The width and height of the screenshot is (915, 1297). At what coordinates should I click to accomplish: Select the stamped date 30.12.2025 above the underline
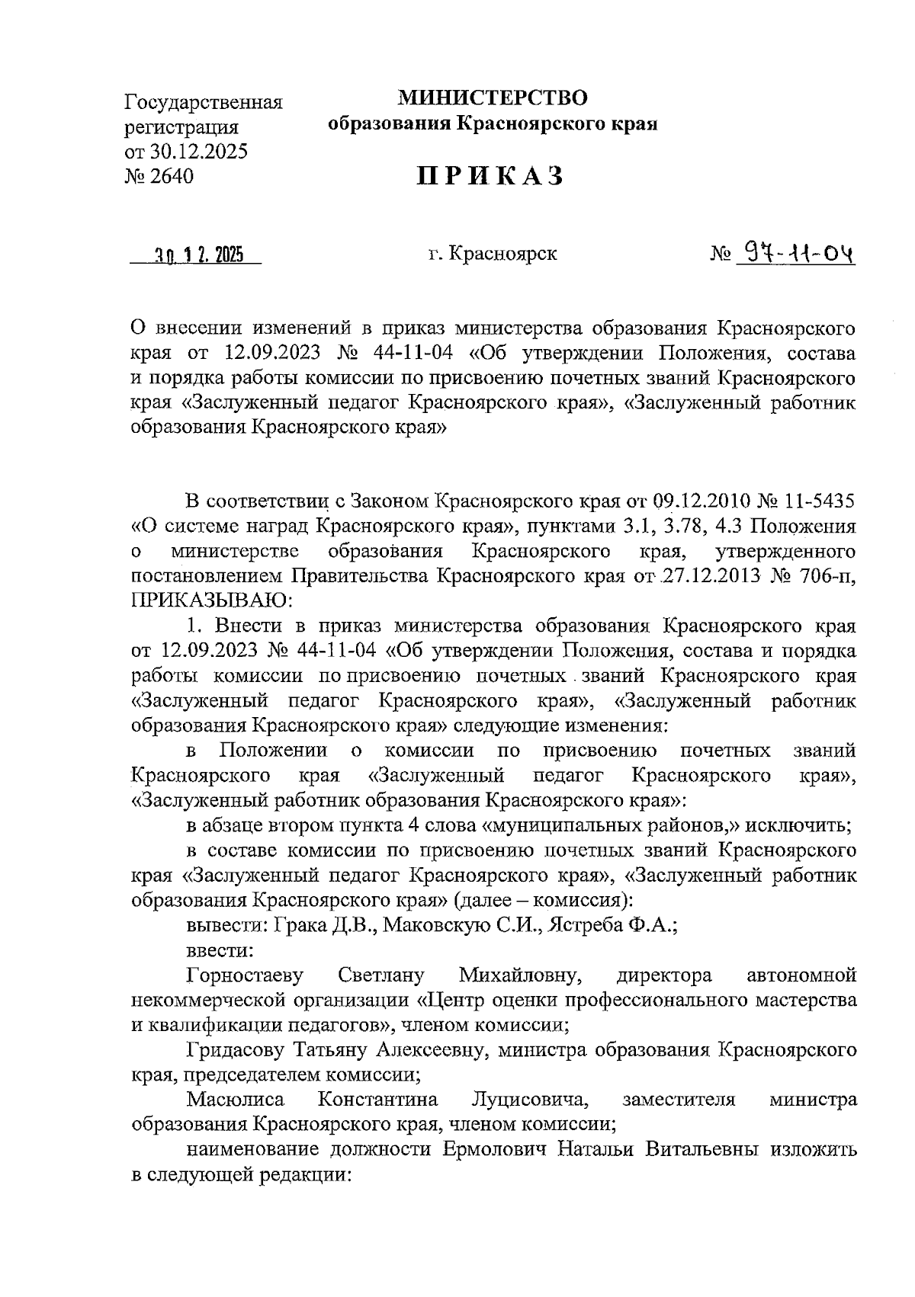(x=196, y=255)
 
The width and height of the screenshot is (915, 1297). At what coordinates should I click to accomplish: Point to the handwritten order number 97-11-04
(x=793, y=252)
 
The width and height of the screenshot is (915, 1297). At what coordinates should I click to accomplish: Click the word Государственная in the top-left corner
(x=204, y=102)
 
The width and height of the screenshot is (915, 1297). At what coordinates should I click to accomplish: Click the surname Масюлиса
(x=236, y=1100)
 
